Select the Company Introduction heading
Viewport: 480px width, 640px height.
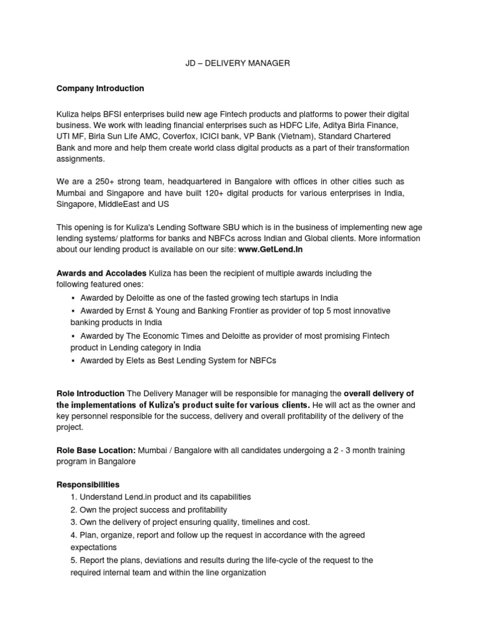click(x=100, y=88)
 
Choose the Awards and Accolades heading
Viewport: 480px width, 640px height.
click(x=101, y=273)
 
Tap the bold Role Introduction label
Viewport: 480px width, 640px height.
click(x=91, y=394)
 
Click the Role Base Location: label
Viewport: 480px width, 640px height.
click(x=96, y=451)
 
